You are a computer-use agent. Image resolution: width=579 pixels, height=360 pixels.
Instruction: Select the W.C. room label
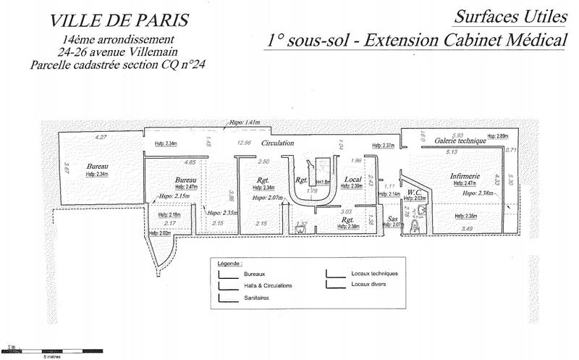pos(414,192)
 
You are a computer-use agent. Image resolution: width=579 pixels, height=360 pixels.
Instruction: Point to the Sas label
pos(394,218)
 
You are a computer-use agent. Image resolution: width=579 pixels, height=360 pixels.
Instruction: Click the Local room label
pos(352,179)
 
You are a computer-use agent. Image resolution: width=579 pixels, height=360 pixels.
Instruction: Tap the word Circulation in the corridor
pos(278,143)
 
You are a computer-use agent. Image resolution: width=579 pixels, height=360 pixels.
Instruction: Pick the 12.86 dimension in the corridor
pos(243,143)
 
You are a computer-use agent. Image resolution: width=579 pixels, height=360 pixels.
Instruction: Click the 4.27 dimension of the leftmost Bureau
pos(101,137)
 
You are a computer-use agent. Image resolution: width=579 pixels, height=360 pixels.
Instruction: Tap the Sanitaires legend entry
pos(258,298)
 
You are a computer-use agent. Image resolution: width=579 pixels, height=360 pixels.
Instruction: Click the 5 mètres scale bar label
pos(51,357)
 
